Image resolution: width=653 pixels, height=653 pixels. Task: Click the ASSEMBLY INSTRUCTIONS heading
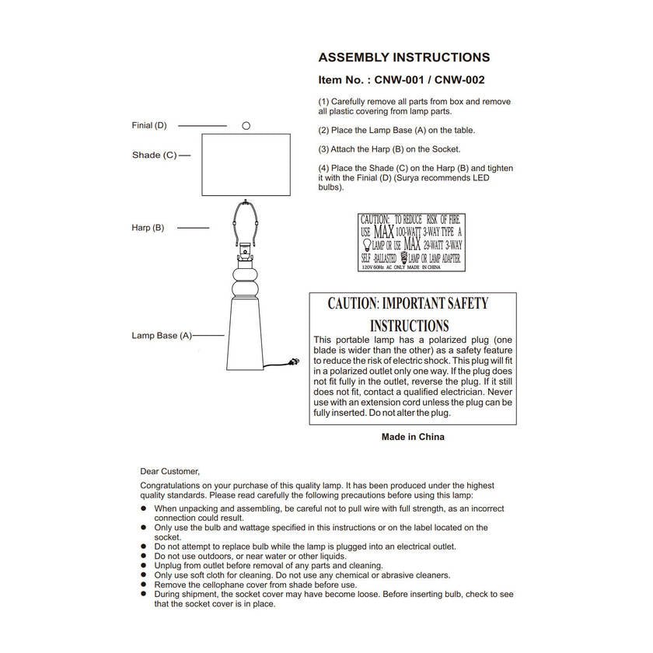pos(404,58)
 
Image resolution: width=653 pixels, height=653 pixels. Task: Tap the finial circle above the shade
pos(246,125)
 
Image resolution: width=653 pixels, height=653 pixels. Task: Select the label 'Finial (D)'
pos(149,125)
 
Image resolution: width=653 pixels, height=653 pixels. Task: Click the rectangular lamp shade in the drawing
pos(246,165)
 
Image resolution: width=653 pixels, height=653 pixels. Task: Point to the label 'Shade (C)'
pos(154,155)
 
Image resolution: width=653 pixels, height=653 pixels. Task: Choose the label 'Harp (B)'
pos(148,228)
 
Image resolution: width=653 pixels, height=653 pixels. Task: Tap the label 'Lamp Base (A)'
pos(161,336)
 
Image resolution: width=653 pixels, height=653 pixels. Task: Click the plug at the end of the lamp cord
pos(295,361)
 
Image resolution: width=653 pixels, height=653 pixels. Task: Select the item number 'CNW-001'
pos(401,79)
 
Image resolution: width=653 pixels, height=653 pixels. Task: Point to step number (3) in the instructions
pos(323,149)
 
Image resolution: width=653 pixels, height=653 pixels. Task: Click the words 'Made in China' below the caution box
pos(413,437)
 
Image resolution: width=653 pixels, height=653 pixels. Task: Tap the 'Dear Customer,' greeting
pos(169,471)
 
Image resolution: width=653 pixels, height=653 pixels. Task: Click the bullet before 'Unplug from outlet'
pos(144,565)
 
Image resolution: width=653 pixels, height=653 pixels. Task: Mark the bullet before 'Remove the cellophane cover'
pos(144,585)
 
